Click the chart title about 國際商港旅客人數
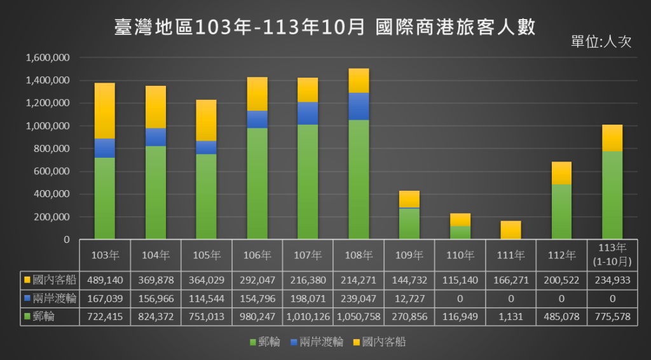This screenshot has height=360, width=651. pyautogui.click(x=325, y=28)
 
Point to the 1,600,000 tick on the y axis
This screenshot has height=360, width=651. pyautogui.click(x=48, y=58)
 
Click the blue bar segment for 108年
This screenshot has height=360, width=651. pyautogui.click(x=359, y=106)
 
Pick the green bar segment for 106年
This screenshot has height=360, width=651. pyautogui.click(x=257, y=183)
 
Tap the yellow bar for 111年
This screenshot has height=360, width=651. pyautogui.click(x=511, y=230)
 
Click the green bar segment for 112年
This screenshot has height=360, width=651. pyautogui.click(x=562, y=211)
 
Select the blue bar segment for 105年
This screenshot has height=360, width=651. pyautogui.click(x=206, y=147)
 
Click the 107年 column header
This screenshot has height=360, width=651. pyautogui.click(x=308, y=256)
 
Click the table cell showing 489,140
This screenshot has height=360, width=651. pyautogui.click(x=104, y=279)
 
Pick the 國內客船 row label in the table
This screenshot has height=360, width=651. pyautogui.click(x=52, y=279)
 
